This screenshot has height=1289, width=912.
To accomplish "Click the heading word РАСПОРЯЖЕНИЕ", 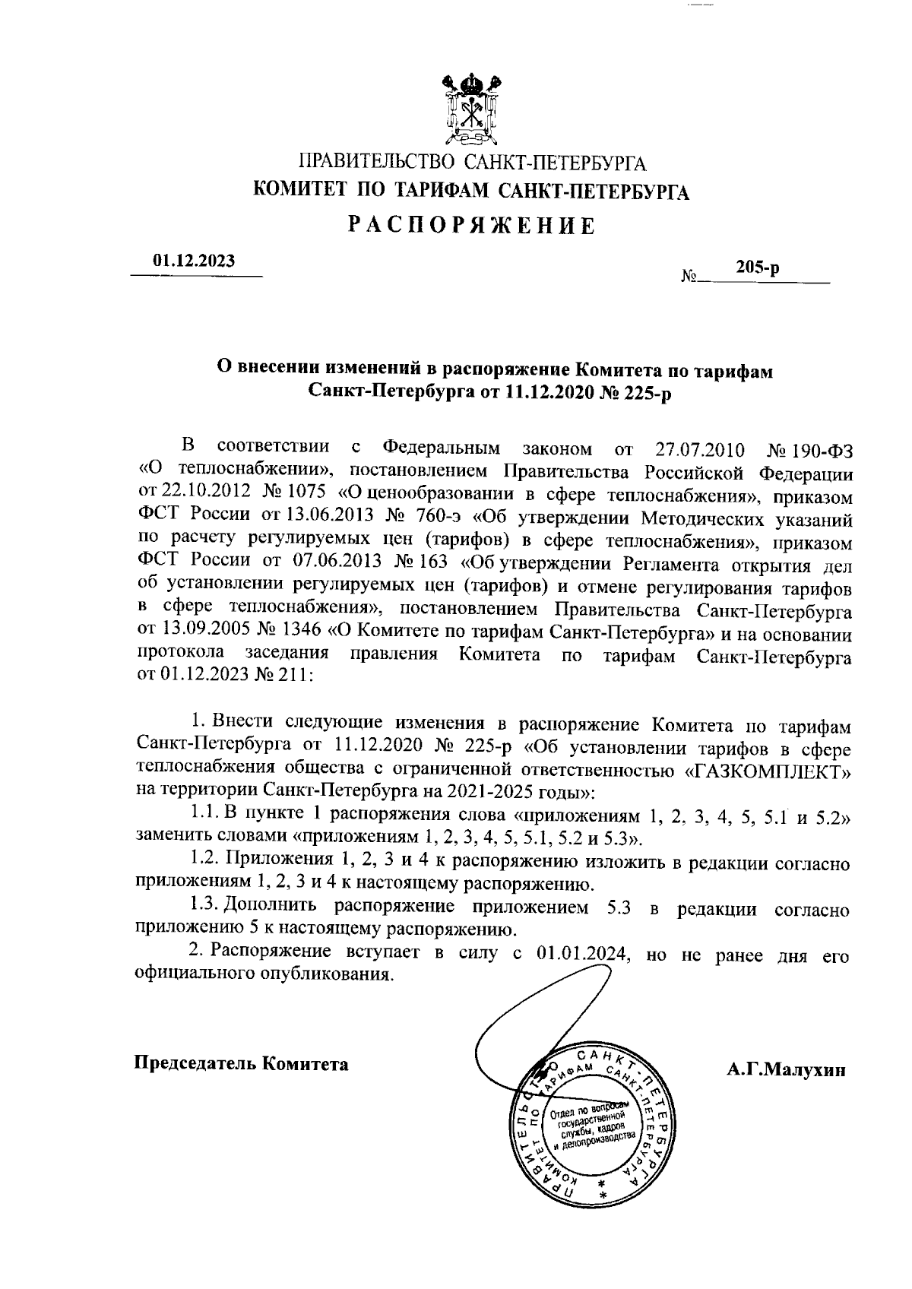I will pos(471,225).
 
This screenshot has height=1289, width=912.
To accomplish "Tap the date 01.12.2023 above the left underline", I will pos(194,260).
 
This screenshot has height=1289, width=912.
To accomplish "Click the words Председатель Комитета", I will pos(241,1063).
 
